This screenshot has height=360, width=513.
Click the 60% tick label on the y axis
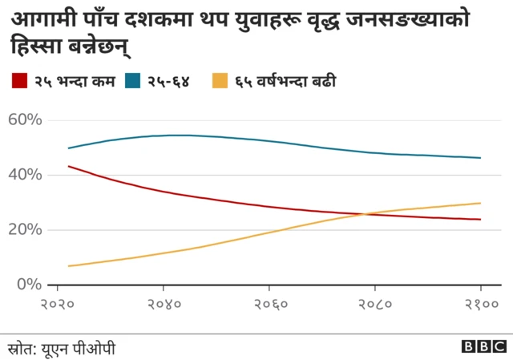pos(24,120)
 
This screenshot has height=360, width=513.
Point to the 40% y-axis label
pos(24,175)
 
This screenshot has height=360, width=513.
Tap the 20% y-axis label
pos(24,229)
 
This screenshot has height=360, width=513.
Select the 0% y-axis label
pos(29,284)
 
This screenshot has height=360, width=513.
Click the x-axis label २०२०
pos(58,305)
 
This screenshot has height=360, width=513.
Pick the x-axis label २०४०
pos(164,305)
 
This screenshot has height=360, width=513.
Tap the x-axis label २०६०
pos(269,305)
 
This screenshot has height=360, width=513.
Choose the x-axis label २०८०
pos(374,305)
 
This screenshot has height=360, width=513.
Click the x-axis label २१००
pos(480,305)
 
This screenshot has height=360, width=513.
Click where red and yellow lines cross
pos(366,213)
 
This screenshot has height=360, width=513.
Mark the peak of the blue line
pos(180,135)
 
